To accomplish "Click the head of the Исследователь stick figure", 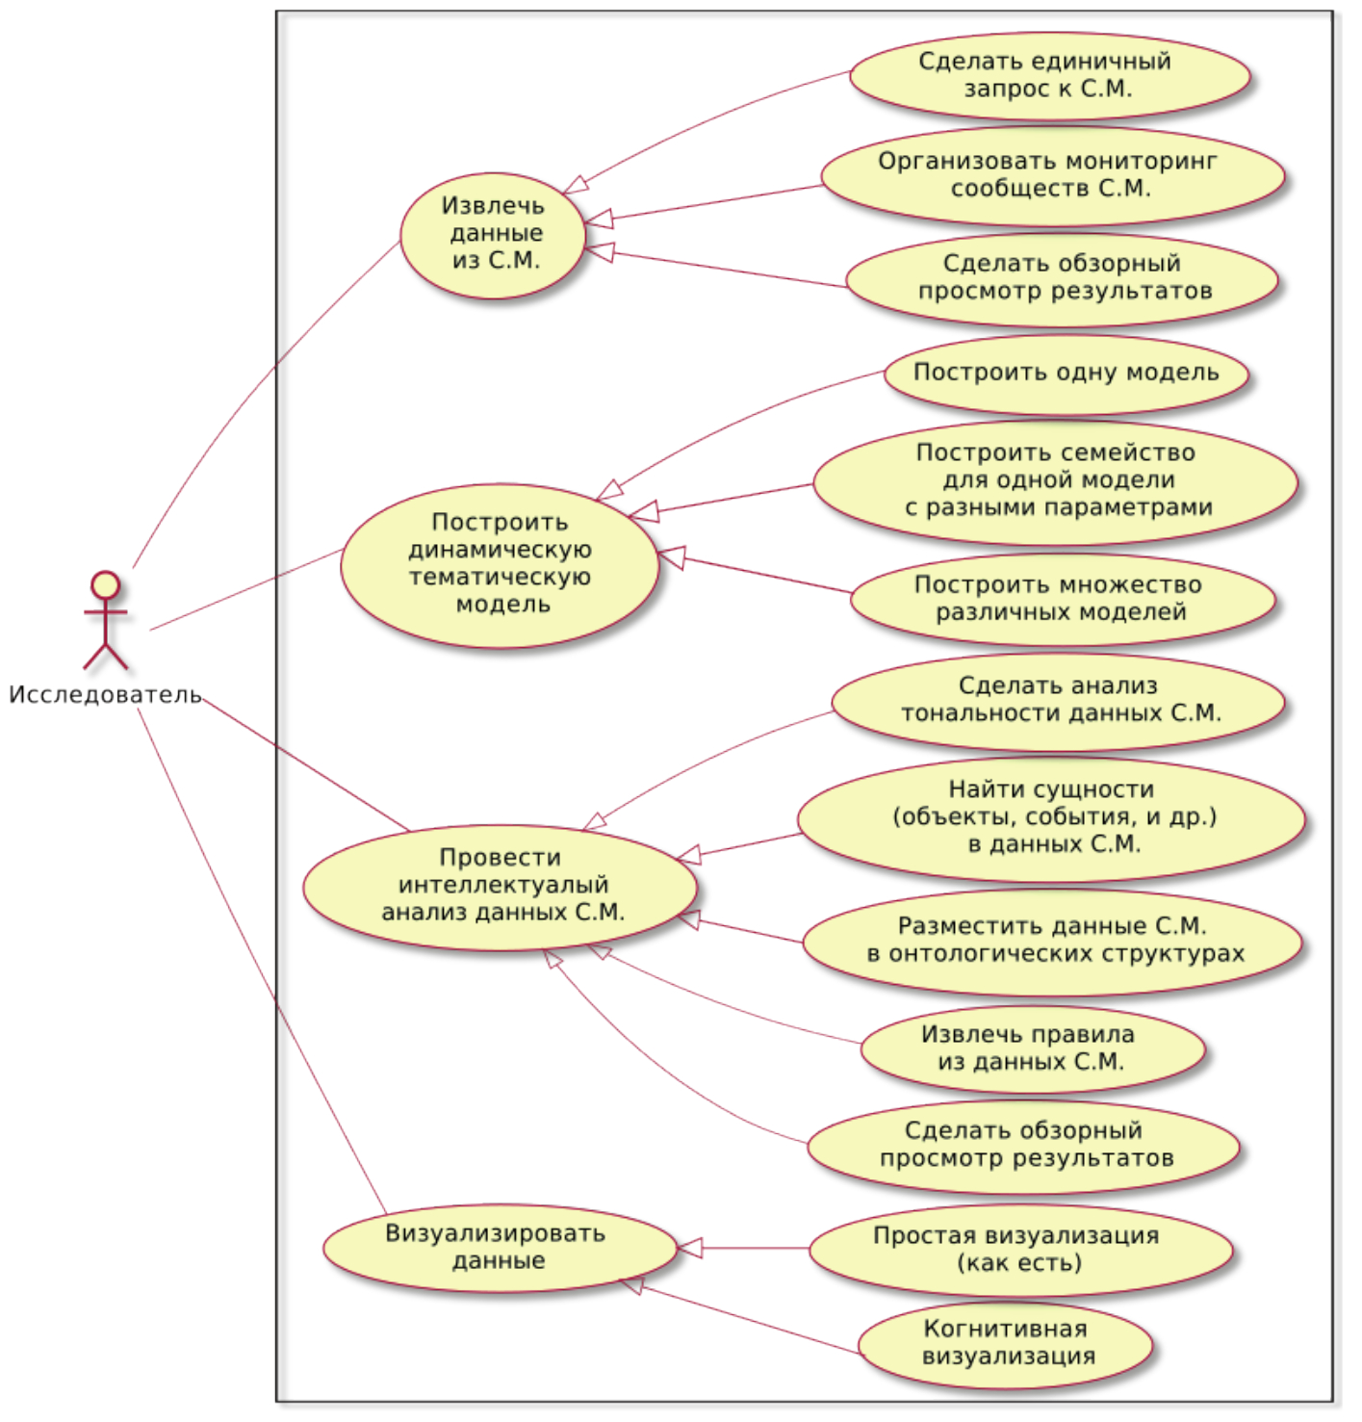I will (x=105, y=585).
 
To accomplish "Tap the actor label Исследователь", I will (x=105, y=695).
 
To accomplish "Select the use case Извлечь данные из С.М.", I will (x=493, y=234).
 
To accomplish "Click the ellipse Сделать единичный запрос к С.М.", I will (x=1049, y=75).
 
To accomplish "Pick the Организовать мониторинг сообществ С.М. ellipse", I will (x=1052, y=175).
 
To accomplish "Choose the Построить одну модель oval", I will (x=1066, y=374).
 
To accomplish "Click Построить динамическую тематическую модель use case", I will (x=500, y=564).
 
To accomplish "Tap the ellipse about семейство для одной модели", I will (x=1055, y=480).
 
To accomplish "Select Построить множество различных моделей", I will (x=1062, y=598).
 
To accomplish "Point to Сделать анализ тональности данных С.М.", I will (x=1058, y=701).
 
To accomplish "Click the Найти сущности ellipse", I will (x=1051, y=817).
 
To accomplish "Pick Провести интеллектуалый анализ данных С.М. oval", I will (x=501, y=886).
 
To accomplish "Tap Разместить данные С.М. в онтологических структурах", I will (x=1052, y=941).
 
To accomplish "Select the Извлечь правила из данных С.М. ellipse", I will (x=1031, y=1048).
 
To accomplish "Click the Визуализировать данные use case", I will (x=498, y=1248).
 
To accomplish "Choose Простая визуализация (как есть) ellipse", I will (x=1019, y=1249).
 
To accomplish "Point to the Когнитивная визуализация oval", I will (x=1006, y=1343).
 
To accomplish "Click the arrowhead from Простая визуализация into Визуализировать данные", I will (x=690, y=1249).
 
